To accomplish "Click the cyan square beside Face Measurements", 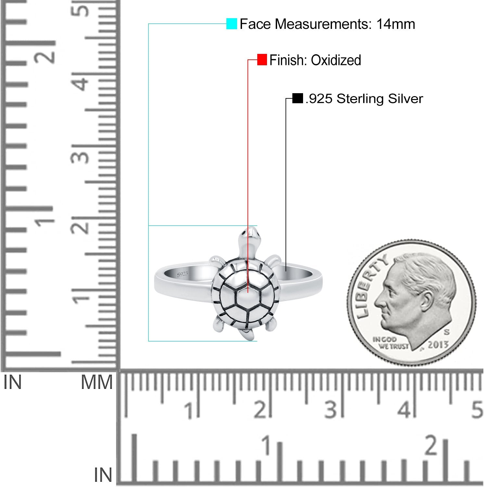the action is click(x=232, y=24).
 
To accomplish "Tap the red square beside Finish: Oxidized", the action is click(x=262, y=60).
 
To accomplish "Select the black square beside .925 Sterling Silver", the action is click(x=298, y=98).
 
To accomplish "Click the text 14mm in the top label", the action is click(x=396, y=24).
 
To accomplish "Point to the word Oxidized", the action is click(x=336, y=60).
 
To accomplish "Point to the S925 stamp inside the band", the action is click(x=183, y=274).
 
